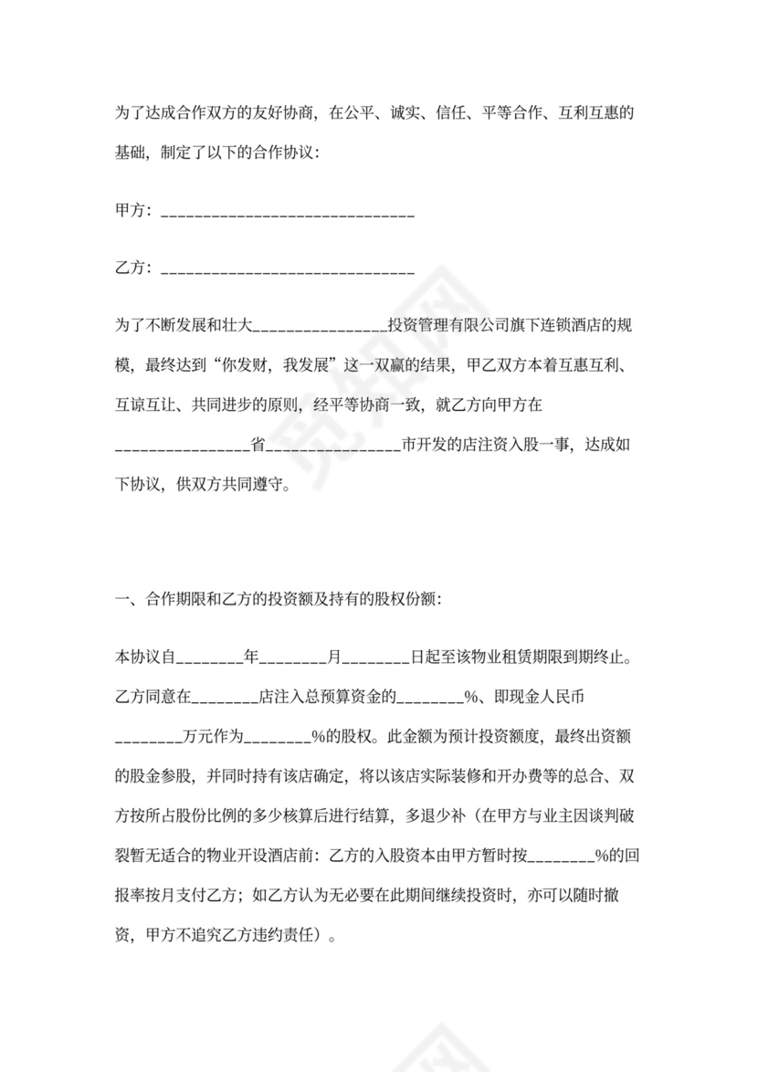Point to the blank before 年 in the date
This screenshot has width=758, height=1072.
[x=209, y=658]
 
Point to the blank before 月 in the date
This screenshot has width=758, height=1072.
[x=293, y=658]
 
